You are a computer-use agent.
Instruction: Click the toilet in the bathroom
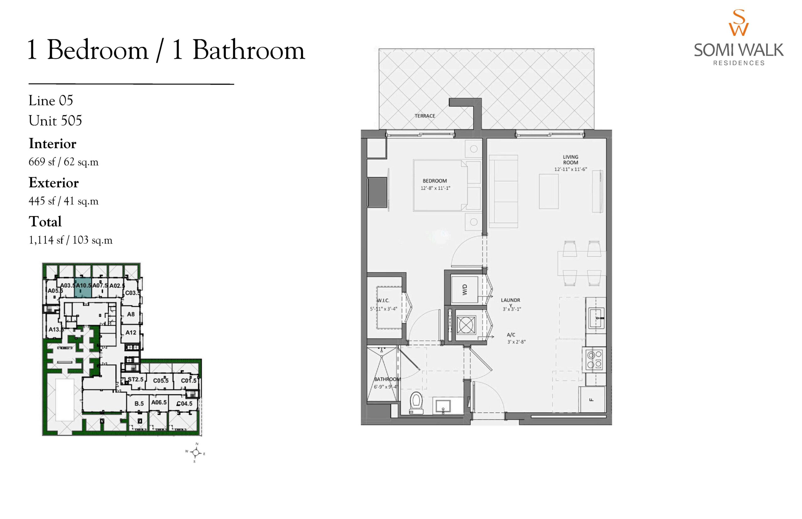[416, 403]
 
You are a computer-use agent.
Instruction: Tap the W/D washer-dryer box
[464, 290]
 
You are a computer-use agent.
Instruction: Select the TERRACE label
[425, 116]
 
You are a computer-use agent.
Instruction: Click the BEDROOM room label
[435, 181]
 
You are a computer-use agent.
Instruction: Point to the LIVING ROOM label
[570, 160]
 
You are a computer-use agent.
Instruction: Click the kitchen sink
[596, 317]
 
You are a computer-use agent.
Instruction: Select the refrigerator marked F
[592, 399]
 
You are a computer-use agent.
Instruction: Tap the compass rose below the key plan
[196, 453]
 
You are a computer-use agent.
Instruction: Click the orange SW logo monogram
[739, 23]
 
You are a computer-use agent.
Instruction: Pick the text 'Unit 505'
[55, 121]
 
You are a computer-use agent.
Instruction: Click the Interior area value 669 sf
[42, 162]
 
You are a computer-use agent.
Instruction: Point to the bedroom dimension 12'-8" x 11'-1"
[435, 188]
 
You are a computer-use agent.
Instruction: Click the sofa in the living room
[503, 191]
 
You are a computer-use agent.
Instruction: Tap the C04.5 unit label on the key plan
[185, 403]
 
